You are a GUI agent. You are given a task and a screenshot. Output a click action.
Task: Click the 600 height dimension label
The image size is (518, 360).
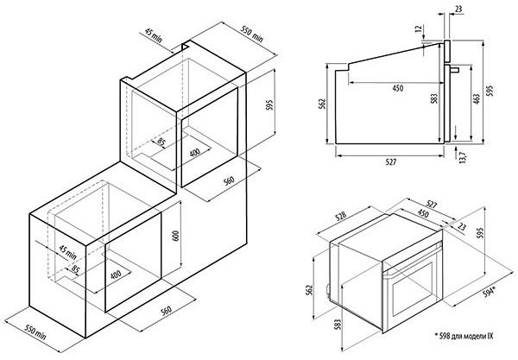click(x=176, y=236)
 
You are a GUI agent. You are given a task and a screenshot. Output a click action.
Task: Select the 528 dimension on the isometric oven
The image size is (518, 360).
click(x=341, y=216)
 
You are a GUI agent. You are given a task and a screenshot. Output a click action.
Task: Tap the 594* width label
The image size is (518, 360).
click(x=490, y=291)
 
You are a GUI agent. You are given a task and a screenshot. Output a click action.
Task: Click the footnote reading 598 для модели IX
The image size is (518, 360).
click(x=464, y=336)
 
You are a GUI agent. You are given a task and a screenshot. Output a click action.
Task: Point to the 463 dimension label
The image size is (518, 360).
click(x=476, y=100)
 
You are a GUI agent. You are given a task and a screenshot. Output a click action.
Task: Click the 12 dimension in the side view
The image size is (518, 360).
click(x=419, y=28)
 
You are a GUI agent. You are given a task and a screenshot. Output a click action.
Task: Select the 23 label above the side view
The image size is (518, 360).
click(x=458, y=9)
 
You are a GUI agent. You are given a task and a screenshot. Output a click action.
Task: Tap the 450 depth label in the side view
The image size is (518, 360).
click(x=398, y=88)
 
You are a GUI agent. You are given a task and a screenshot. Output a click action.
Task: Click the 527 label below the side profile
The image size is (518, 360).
click(x=390, y=161)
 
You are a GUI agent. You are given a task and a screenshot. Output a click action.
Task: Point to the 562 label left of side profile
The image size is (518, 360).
click(x=322, y=104)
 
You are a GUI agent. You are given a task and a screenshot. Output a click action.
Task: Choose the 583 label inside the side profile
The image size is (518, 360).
click(x=434, y=98)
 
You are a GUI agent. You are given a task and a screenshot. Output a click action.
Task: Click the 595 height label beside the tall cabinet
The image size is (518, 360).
click(x=270, y=104)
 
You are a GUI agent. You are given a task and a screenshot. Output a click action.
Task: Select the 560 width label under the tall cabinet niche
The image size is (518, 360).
click(x=229, y=180)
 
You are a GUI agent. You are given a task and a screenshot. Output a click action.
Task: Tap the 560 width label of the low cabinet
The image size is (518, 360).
click(x=166, y=311)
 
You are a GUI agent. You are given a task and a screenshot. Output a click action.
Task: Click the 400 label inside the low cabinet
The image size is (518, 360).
click(x=116, y=275)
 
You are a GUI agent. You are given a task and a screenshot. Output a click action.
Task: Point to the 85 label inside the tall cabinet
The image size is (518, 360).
click(x=161, y=142)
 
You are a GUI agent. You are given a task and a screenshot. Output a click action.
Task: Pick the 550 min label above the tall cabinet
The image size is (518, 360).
click(x=252, y=35)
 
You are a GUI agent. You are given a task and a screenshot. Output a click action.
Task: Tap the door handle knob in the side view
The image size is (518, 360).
click(x=455, y=70)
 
